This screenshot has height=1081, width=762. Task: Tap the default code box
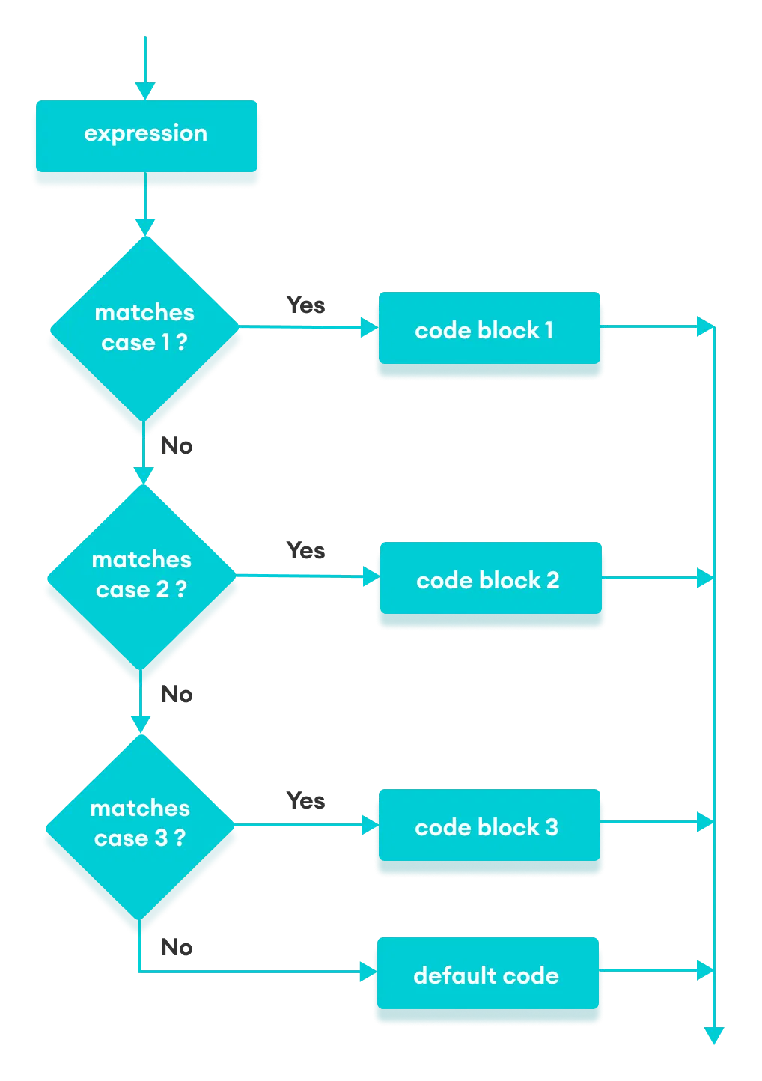[487, 975]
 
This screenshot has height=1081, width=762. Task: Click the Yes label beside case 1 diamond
[305, 305]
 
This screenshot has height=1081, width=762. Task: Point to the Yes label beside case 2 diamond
[305, 551]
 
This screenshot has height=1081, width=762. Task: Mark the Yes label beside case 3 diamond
[305, 801]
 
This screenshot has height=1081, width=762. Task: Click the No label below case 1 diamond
[177, 446]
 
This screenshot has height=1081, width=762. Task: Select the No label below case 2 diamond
[177, 695]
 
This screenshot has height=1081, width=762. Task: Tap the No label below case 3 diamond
[177, 948]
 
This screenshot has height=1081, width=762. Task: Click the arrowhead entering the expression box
[144, 91]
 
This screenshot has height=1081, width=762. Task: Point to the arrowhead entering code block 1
[368, 327]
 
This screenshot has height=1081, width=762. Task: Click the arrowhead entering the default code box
[367, 972]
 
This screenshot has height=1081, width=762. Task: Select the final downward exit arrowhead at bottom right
[714, 1035]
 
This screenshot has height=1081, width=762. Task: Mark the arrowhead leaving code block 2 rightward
[704, 578]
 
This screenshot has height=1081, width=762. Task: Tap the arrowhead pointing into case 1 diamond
[144, 227]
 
